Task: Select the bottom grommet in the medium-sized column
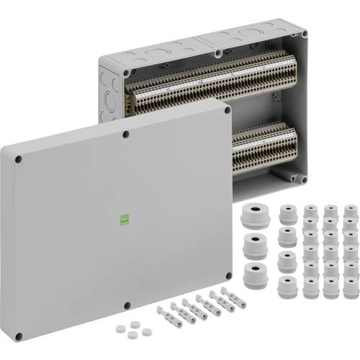[287, 287]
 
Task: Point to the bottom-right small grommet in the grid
[349, 288]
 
